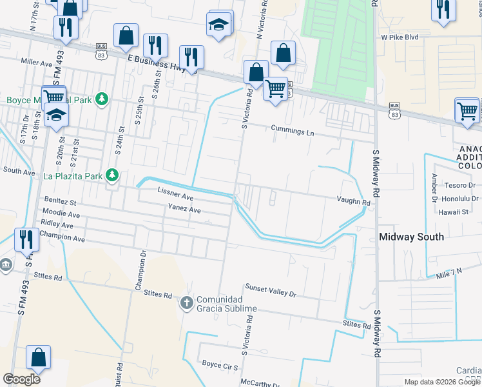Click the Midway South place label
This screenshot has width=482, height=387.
click(411, 237)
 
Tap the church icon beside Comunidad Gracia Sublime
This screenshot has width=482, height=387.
click(186, 303)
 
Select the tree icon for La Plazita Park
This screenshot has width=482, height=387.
click(112, 175)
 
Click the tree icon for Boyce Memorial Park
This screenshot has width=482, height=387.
click(101, 99)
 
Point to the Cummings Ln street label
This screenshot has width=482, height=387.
click(292, 132)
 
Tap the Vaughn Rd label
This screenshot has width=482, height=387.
click(353, 202)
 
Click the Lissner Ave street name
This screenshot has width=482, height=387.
click(175, 194)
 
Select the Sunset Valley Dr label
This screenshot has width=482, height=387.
click(270, 290)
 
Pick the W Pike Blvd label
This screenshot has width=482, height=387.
click(400, 37)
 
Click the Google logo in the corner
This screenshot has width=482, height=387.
click(21, 379)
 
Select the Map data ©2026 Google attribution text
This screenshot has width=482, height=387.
click(442, 382)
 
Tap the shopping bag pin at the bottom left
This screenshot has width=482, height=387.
click(38, 358)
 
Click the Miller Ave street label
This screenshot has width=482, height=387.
click(36, 63)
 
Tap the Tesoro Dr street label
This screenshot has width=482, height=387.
click(460, 185)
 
